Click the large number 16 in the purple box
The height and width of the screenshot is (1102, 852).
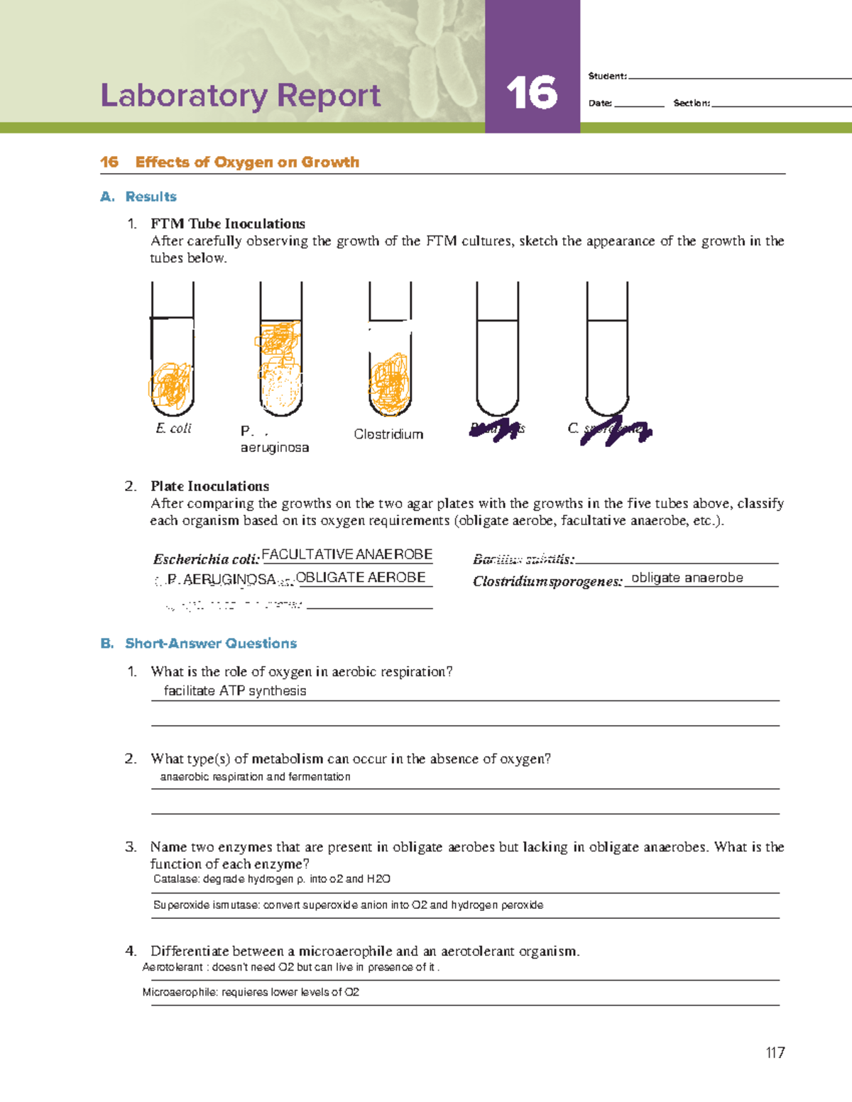point(532,94)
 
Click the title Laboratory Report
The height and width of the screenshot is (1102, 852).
point(241,95)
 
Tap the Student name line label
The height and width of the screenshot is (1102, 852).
point(607,76)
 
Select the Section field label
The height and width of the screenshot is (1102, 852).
point(691,103)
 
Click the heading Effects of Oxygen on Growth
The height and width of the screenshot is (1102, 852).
point(246,162)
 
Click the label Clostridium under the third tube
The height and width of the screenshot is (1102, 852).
point(388,434)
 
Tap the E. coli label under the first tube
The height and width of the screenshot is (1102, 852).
point(174,428)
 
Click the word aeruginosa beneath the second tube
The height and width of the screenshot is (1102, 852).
point(275,447)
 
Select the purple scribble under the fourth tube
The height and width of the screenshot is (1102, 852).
point(495,430)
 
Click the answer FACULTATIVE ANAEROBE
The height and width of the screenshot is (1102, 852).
point(347,554)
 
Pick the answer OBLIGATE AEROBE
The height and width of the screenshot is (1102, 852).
point(361,577)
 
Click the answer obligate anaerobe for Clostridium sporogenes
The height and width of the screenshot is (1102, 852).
point(687,578)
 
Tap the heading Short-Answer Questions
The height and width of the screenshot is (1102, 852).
point(211,643)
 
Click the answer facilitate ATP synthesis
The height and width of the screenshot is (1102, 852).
point(235,690)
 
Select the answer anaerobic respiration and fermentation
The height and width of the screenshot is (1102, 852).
point(255,776)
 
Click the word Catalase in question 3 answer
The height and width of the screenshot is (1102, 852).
point(175,878)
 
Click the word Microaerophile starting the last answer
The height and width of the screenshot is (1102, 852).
point(180,992)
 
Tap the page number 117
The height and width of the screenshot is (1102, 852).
point(775,1052)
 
